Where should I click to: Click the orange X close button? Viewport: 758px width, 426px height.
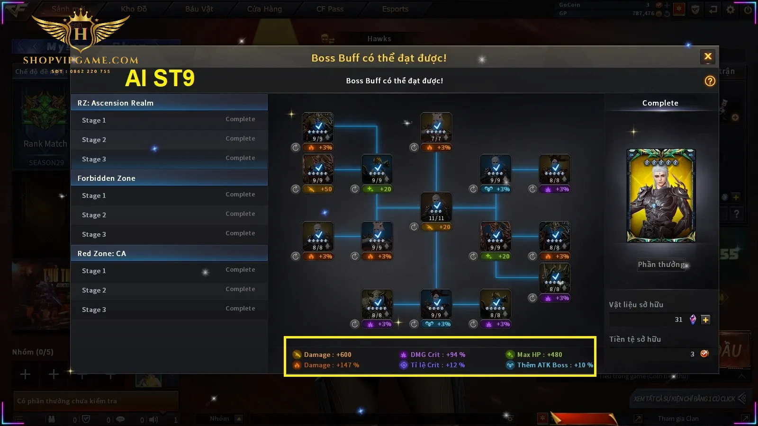pyautogui.click(x=708, y=57)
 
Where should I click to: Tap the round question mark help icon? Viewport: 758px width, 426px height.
pyautogui.click(x=710, y=81)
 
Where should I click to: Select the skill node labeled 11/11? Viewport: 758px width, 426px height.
pyautogui.click(x=436, y=207)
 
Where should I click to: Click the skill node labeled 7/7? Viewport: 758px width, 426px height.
pyautogui.click(x=436, y=127)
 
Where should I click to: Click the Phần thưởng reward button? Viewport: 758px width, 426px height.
pyautogui.click(x=661, y=265)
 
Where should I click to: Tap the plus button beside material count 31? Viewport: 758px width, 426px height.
pyautogui.click(x=705, y=319)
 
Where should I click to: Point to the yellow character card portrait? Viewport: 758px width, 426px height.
pyautogui.click(x=661, y=195)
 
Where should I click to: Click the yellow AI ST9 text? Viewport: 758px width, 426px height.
pyautogui.click(x=160, y=78)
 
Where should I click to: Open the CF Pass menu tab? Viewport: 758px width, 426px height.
pyautogui.click(x=330, y=9)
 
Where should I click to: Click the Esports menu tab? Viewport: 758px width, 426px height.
pyautogui.click(x=395, y=9)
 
